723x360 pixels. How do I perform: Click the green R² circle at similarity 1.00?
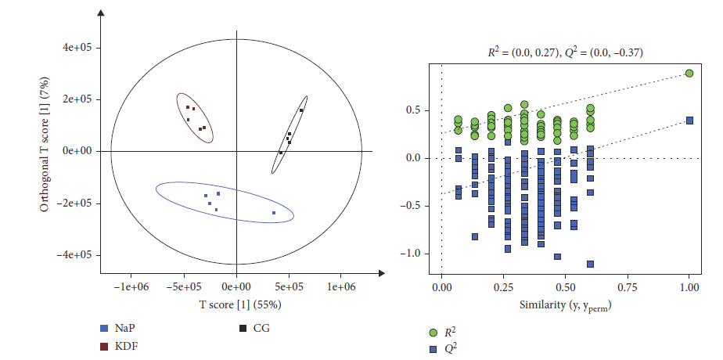[x=689, y=73]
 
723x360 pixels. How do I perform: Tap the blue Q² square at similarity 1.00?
[x=689, y=121]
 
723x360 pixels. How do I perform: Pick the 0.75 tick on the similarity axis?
[x=628, y=287]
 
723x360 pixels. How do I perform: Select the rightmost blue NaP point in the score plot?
[x=274, y=213]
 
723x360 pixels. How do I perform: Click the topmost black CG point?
[x=301, y=110]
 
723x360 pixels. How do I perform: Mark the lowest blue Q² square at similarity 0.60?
[x=590, y=264]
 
